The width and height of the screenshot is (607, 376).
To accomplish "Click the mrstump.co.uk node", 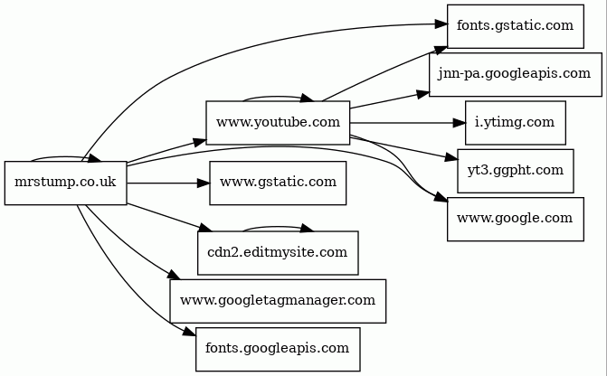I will pos(65,183).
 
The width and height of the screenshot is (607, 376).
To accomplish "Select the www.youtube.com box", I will pos(278,123).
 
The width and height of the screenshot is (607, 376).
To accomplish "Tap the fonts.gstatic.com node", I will pos(515,25).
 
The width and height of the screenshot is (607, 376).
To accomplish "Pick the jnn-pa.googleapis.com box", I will pos(515,74).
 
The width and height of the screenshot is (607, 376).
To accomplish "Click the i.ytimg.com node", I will pos(516,123).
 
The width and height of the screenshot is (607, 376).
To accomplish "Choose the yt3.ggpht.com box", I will pos(516,170).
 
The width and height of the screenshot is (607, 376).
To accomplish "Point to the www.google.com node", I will pos(515,219).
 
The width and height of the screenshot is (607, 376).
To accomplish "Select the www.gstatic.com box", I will pos(278,183).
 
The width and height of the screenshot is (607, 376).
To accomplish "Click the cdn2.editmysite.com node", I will pos(278,253).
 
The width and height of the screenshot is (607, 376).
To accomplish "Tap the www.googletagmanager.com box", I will pos(278,301).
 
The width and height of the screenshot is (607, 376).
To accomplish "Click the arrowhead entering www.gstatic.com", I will pos(203,183).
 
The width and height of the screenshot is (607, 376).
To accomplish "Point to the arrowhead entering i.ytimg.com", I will pos(458,123).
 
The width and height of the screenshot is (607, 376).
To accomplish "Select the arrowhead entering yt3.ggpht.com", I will pos(451,158).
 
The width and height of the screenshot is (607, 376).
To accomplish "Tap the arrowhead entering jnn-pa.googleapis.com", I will pos(422,93).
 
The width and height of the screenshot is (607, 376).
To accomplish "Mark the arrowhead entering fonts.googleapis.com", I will pos(190,333).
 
